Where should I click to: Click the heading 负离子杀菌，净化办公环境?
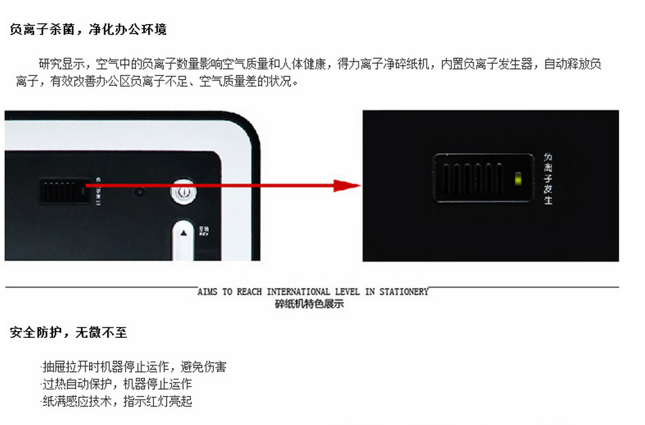[x=88, y=30]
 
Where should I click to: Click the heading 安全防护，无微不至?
[x=68, y=332]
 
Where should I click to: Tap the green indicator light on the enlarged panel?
[x=518, y=179]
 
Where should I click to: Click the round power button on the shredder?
[x=182, y=191]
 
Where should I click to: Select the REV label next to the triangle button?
[x=204, y=232]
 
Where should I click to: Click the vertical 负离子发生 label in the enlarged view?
[x=548, y=179]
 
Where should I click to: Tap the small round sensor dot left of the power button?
[x=139, y=191]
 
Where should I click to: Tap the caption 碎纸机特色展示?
[x=309, y=304]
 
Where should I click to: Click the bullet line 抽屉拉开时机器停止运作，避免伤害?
[x=134, y=367]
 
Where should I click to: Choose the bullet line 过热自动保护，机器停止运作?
[x=117, y=384]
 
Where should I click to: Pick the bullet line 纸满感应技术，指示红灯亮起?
[x=117, y=401]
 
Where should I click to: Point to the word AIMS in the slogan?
[x=207, y=292]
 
